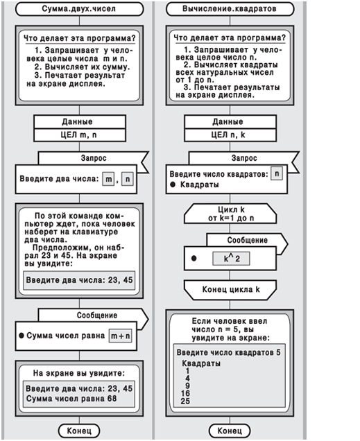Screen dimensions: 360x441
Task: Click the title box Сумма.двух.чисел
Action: click(x=79, y=9)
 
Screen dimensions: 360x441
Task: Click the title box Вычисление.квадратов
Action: click(x=230, y=9)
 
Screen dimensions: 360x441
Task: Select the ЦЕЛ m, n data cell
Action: click(x=80, y=135)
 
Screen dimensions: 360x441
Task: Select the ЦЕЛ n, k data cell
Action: click(x=230, y=135)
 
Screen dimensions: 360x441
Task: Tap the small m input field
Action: click(x=108, y=179)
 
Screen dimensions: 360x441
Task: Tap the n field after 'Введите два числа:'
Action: click(x=128, y=179)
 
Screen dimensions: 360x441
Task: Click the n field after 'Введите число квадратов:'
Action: click(x=277, y=173)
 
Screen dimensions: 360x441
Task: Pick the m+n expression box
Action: click(x=120, y=336)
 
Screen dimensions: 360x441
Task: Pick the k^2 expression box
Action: click(x=231, y=259)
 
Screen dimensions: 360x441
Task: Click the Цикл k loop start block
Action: click(x=230, y=214)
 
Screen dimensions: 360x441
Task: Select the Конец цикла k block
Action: click(x=230, y=290)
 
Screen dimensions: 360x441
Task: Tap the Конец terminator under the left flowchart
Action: click(x=79, y=431)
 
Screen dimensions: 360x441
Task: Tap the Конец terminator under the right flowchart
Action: click(x=230, y=431)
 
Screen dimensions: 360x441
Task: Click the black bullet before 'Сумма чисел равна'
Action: click(x=22, y=336)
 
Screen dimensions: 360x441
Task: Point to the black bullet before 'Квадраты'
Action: click(x=173, y=184)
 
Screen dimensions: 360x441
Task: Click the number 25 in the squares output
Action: click(x=185, y=401)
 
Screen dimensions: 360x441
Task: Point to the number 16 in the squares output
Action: click(x=185, y=393)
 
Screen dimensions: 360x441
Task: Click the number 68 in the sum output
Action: click(x=112, y=399)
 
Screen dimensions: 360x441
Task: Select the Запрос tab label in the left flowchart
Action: click(x=94, y=158)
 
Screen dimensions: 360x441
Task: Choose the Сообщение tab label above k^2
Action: click(x=248, y=240)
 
